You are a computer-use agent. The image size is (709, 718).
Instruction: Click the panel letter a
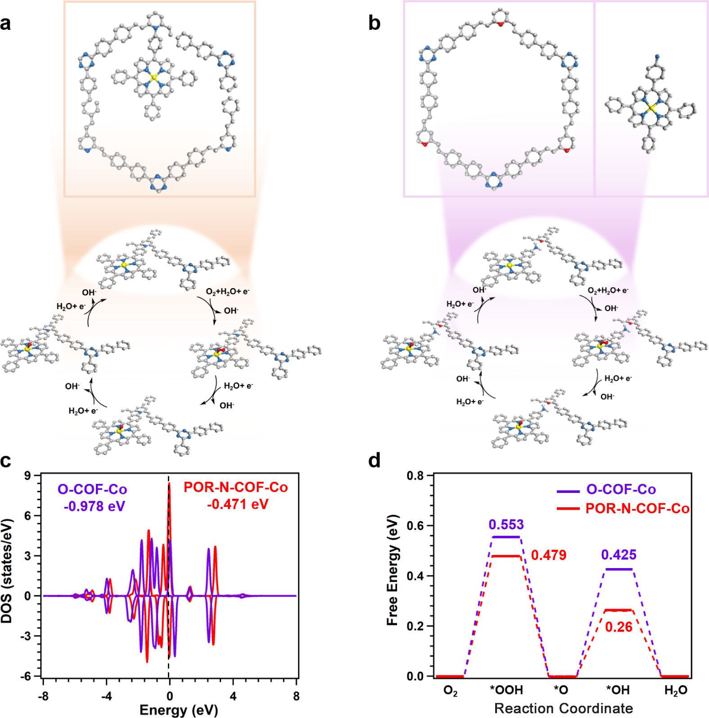tap(6, 23)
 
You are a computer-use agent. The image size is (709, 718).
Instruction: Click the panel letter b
tap(374, 23)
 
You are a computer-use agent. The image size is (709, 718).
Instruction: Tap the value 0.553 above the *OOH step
tap(506, 524)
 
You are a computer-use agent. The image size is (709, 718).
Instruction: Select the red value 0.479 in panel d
tap(548, 555)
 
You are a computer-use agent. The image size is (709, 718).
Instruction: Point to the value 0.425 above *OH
tap(619, 555)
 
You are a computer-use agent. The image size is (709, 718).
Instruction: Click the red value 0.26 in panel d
tap(619, 627)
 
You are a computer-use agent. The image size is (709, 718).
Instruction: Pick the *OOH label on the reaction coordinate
tap(506, 690)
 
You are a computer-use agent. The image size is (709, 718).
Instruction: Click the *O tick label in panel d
tap(561, 690)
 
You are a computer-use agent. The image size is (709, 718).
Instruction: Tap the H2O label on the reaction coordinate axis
tap(675, 691)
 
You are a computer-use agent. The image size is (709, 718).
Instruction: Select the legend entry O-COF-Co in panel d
tap(621, 489)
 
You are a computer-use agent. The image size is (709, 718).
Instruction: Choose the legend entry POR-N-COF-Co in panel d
tap(637, 509)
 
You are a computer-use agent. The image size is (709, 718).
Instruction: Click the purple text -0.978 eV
tap(94, 506)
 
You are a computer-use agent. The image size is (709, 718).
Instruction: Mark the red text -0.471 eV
tap(238, 504)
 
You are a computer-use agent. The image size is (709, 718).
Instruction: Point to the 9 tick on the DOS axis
tap(28, 476)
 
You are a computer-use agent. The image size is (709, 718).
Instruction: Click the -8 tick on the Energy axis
tap(43, 696)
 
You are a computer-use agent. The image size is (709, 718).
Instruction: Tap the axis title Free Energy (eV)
tap(393, 569)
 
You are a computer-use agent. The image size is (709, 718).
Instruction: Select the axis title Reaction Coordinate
tap(564, 708)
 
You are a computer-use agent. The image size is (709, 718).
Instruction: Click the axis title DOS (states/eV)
tap(7, 571)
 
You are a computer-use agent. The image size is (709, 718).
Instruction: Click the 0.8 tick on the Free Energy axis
tap(415, 476)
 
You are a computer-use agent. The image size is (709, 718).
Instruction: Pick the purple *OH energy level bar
tap(619, 569)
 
